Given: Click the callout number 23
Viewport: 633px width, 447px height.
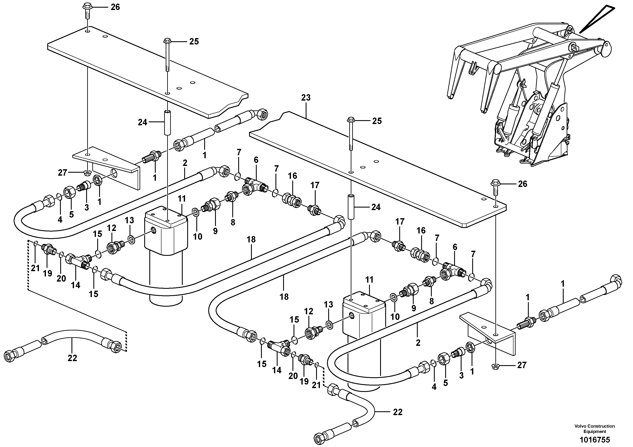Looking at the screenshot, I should (306, 98).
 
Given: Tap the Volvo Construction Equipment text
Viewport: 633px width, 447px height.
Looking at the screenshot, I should (595, 429).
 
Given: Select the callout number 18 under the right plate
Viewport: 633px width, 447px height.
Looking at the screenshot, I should (284, 297).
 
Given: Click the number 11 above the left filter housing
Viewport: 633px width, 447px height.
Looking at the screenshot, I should (182, 199).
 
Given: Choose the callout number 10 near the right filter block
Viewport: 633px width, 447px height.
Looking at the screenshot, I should (395, 317).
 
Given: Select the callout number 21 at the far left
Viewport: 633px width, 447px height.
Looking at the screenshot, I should (35, 268).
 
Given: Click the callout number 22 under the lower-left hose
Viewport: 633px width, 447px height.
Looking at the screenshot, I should (72, 358).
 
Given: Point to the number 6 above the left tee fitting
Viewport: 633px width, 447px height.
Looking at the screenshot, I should (256, 160).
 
